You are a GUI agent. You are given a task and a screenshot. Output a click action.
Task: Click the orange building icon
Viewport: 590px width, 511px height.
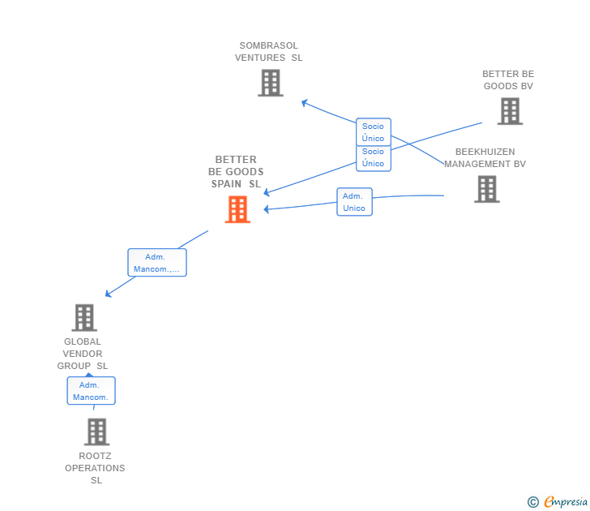237,209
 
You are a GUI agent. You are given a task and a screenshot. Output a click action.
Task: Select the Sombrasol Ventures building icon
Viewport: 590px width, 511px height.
271,83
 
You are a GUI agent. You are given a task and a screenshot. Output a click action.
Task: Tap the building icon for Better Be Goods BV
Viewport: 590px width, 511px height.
510,111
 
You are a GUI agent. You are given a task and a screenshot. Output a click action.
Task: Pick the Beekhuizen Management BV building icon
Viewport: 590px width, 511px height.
487,189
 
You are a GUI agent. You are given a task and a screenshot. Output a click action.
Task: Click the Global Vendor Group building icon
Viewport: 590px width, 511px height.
84,317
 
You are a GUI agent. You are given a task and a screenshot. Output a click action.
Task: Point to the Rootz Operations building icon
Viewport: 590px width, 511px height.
96,432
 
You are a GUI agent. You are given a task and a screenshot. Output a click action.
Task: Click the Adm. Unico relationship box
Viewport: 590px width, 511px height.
354,202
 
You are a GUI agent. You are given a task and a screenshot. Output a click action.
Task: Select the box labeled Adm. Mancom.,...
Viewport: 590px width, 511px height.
157,263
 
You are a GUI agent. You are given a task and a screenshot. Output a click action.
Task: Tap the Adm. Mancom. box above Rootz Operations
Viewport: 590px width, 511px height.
91,391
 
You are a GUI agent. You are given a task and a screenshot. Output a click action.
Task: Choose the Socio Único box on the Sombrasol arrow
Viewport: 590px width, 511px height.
374,131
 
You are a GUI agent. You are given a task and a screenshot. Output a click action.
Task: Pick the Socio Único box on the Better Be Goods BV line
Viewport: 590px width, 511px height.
374,158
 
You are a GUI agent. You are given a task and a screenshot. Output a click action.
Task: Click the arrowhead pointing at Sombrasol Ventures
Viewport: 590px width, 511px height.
305,102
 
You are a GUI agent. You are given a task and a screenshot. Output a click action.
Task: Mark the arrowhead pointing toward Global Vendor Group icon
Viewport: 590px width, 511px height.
108,294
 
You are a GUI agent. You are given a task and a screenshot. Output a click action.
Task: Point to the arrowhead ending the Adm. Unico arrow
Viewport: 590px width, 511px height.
266,209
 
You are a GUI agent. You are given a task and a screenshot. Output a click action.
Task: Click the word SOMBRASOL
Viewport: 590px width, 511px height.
269,45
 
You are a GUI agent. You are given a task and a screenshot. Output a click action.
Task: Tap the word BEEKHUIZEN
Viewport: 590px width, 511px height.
485,152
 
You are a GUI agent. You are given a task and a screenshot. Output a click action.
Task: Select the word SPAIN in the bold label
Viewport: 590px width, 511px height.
226,184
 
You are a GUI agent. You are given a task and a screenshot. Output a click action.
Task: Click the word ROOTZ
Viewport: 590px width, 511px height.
95,456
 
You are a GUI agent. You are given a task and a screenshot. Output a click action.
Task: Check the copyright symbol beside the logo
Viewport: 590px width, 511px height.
533,502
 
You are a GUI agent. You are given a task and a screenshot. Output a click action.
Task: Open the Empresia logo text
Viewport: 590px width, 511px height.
566,502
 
